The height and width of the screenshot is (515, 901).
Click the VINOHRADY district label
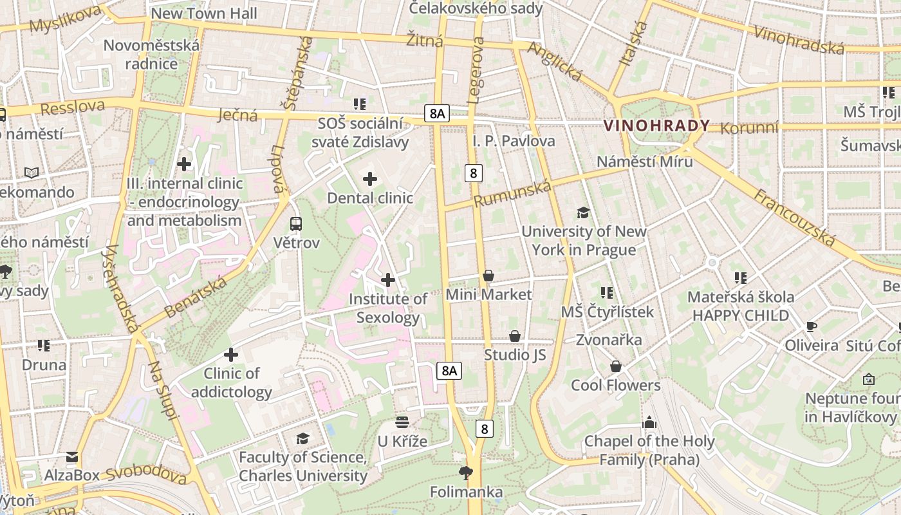click(657, 126)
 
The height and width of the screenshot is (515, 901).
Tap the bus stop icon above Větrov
click(295, 224)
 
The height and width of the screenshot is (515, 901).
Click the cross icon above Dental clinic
click(370, 179)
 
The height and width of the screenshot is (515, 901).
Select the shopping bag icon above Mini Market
click(488, 276)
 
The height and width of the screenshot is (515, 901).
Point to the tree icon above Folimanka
click(466, 474)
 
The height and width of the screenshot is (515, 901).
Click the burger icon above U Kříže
click(402, 422)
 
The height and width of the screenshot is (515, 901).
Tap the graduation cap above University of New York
click(583, 212)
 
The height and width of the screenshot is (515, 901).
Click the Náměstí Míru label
click(644, 161)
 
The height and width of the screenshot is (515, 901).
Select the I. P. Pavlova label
click(514, 140)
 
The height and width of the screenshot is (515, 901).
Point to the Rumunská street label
click(512, 193)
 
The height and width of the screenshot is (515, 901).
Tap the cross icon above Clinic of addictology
click(231, 355)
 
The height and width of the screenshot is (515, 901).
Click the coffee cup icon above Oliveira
click(812, 327)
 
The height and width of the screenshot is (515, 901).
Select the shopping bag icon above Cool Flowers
click(616, 366)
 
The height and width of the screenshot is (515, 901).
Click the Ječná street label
click(237, 115)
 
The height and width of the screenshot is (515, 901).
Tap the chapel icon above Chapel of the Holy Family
click(649, 422)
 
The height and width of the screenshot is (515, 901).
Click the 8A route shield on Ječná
click(436, 114)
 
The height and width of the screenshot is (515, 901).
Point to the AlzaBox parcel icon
click(72, 457)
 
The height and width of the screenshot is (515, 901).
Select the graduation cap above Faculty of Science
click(302, 438)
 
